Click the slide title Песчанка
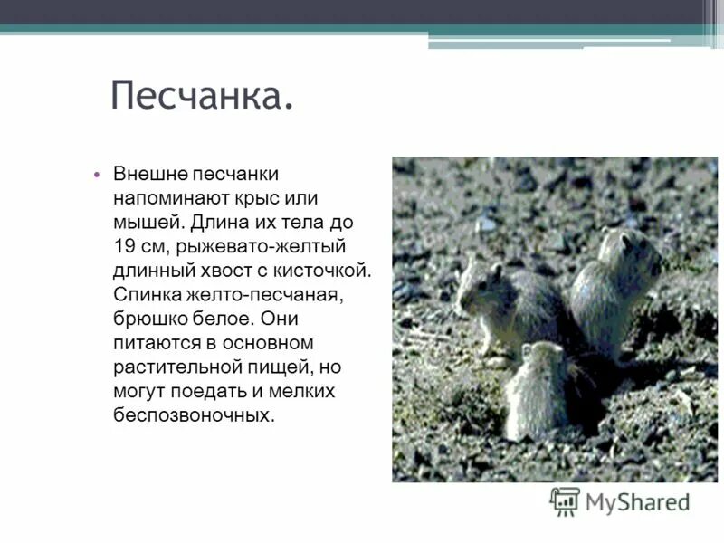pyautogui.click(x=202, y=95)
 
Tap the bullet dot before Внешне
pyautogui.click(x=96, y=174)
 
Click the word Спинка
pyautogui.click(x=148, y=295)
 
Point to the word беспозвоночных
pyautogui.click(x=193, y=416)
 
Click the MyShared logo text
pyautogui.click(x=637, y=501)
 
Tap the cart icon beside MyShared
pyautogui.click(x=565, y=501)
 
